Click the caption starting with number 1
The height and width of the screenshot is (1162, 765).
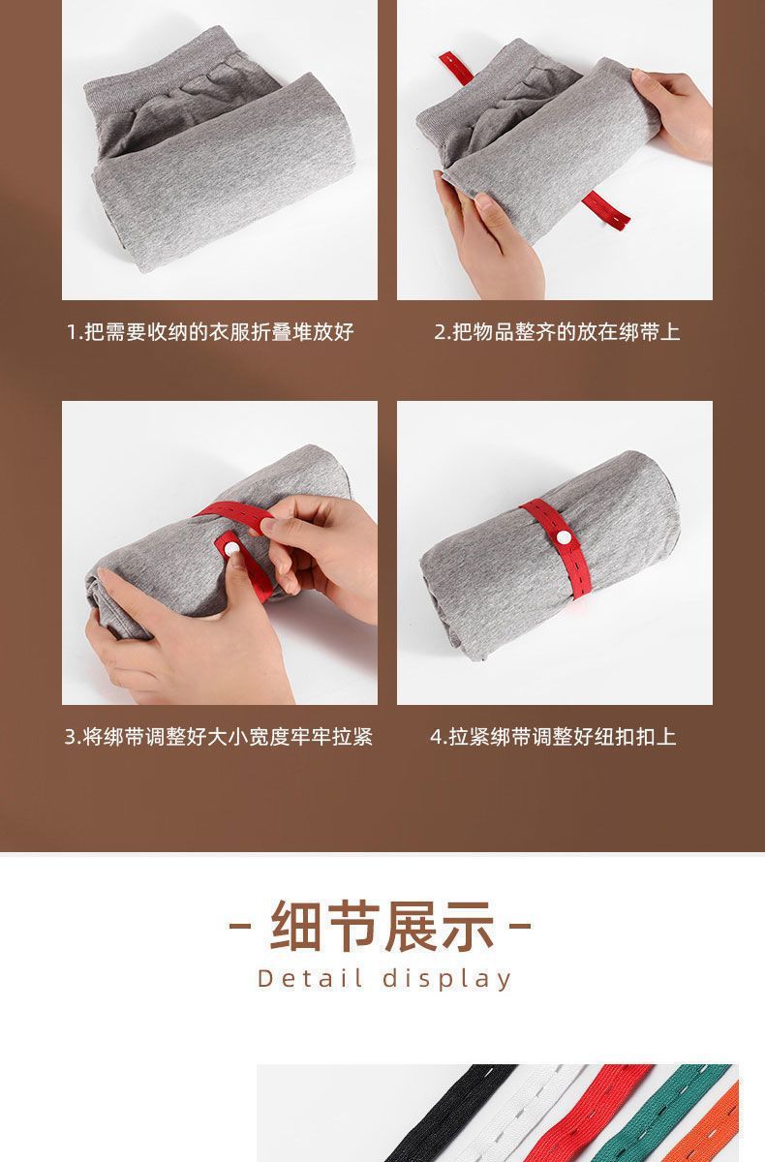click(x=210, y=333)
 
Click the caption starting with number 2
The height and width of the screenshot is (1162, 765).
click(x=557, y=333)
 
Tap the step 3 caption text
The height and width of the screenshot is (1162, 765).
click(x=219, y=737)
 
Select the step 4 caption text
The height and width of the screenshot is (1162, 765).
click(x=553, y=737)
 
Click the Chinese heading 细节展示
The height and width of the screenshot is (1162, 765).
click(x=382, y=926)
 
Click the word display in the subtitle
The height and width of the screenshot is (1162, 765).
click(x=446, y=978)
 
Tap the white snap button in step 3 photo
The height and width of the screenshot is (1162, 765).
click(x=231, y=548)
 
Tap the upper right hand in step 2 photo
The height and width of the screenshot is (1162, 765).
click(x=678, y=111)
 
